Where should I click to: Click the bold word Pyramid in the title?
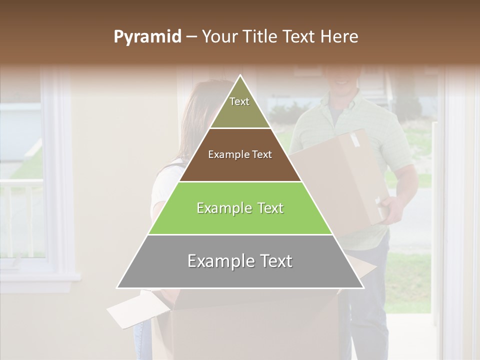point(147,37)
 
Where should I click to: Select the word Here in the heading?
point(340,37)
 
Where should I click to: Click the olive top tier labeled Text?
point(239,107)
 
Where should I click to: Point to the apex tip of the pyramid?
point(240,76)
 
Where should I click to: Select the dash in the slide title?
point(191,37)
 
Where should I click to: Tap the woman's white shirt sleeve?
point(162,190)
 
